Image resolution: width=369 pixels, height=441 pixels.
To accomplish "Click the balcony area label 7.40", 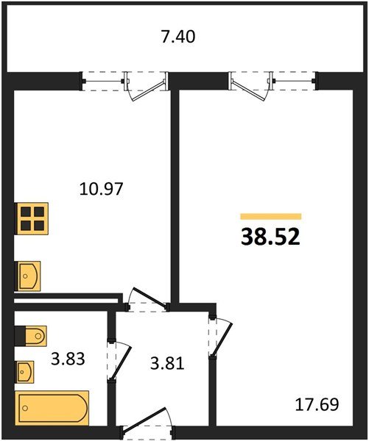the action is (x=178, y=37).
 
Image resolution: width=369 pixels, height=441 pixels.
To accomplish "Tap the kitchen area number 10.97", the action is (x=101, y=189).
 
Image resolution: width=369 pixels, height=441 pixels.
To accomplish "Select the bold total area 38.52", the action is (x=270, y=237).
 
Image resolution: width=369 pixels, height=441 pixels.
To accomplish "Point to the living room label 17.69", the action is (x=317, y=404).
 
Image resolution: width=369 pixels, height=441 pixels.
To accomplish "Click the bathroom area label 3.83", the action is (x=68, y=359).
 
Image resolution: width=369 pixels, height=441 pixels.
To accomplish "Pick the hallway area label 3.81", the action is (x=167, y=363).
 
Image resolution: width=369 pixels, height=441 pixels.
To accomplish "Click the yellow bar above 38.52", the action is (x=271, y=216).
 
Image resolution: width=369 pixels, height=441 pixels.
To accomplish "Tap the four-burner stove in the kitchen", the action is (x=31, y=218).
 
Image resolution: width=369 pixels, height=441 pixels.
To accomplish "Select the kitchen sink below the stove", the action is (x=28, y=276).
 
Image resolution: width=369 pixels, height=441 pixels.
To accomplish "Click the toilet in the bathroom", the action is (x=30, y=336).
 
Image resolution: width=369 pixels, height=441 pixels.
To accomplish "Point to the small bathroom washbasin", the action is (x=24, y=372).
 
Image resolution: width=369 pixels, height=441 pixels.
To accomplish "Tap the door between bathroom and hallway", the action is (x=119, y=361).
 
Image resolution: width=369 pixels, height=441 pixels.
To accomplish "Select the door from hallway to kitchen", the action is (x=147, y=299).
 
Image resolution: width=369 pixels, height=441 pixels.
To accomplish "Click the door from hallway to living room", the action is (x=221, y=338).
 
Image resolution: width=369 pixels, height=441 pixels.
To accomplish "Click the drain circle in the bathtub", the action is (x=26, y=408).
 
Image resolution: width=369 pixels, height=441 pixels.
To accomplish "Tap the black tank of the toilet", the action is (x=21, y=336).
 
